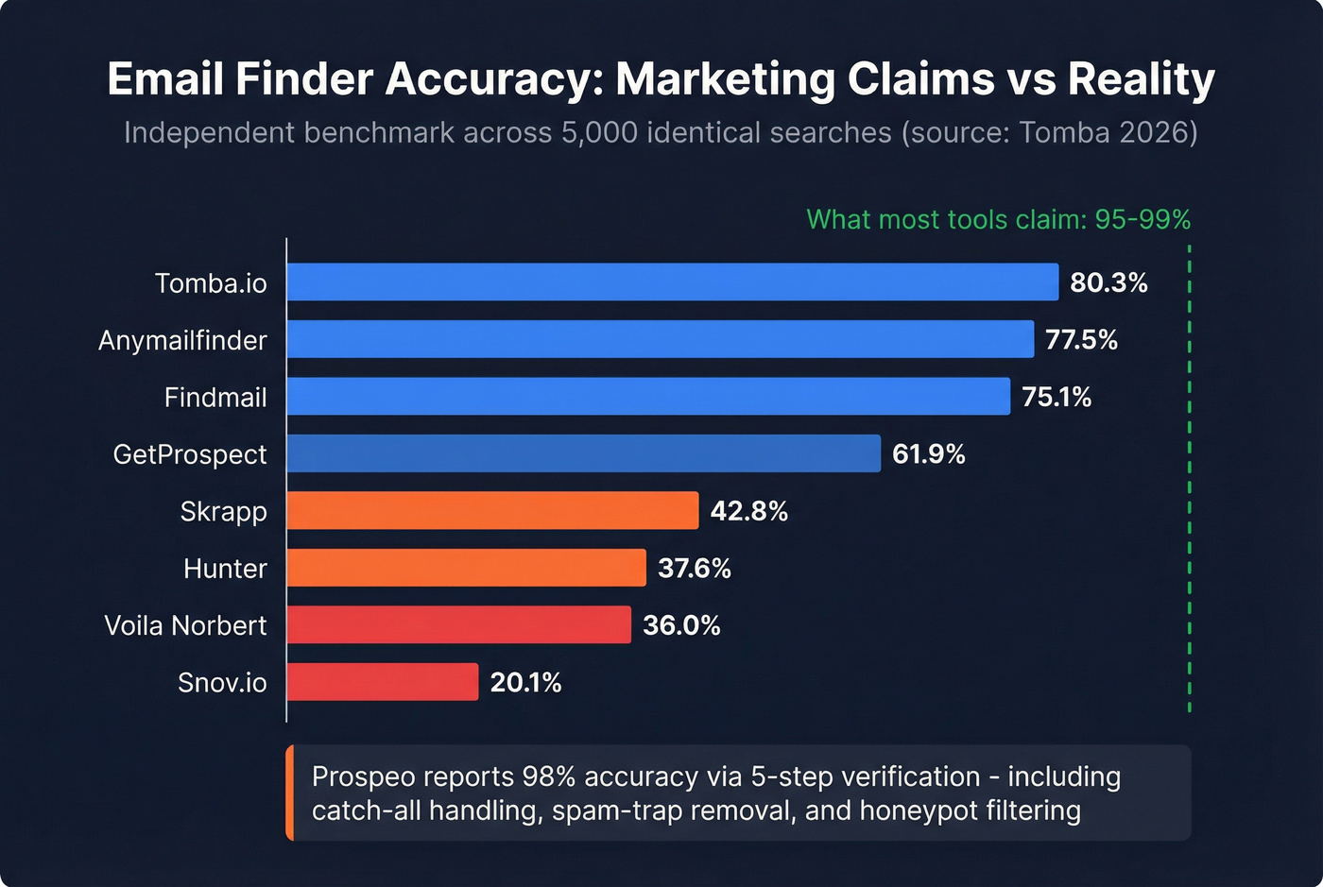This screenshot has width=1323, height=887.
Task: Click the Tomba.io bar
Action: coord(672,282)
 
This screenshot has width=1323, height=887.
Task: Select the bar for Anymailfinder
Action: coord(660,339)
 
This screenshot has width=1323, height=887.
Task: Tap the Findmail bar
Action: coord(648,397)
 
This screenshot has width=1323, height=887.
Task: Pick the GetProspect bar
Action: coord(583,453)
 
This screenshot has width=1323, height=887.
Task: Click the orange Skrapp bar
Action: coord(492,511)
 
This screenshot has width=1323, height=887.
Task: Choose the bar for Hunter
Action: coord(466,568)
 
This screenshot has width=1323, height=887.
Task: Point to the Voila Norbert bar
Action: coord(458,625)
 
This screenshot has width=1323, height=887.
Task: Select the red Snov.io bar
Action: coord(383,682)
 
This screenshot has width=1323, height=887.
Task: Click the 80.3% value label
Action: coord(1108,282)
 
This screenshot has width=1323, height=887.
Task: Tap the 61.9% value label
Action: coord(928,454)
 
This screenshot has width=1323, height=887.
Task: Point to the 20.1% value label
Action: coord(525,682)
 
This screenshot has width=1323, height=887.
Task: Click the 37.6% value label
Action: coord(694,569)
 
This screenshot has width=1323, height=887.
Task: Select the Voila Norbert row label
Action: coord(185,625)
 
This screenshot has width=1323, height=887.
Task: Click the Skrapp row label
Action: coord(223,511)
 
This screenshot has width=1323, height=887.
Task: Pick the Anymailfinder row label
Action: coord(182,340)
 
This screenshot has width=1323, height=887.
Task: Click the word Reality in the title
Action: coord(1141,79)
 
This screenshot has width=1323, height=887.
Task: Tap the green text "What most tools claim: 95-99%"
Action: coord(998,219)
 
